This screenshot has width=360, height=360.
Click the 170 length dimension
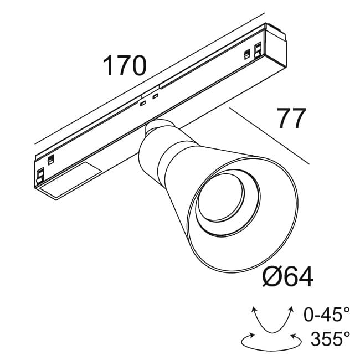124,66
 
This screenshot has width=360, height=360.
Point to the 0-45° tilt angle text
327,315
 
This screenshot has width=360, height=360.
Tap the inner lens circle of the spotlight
220,198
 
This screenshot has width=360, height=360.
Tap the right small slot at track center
156,97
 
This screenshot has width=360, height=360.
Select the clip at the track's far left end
40,176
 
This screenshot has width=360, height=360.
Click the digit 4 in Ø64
304,276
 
